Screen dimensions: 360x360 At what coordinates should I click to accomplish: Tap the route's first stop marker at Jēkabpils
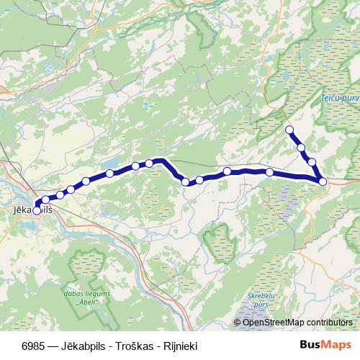click(37, 210)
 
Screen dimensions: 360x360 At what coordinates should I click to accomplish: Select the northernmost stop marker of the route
click(289, 130)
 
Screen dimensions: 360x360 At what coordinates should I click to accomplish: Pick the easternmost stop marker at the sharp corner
click(323, 181)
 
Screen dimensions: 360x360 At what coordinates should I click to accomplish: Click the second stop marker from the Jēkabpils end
click(46, 200)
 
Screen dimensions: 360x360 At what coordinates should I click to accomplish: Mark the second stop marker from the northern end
click(301, 147)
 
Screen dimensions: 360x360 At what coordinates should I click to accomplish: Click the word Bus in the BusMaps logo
click(309, 344)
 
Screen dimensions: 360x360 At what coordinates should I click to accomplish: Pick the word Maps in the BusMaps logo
click(334, 344)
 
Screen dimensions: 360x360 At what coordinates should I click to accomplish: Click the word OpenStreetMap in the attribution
click(273, 323)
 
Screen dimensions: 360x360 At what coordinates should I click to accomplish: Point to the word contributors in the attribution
click(328, 323)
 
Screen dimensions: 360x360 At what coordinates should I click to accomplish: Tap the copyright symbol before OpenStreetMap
click(238, 323)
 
